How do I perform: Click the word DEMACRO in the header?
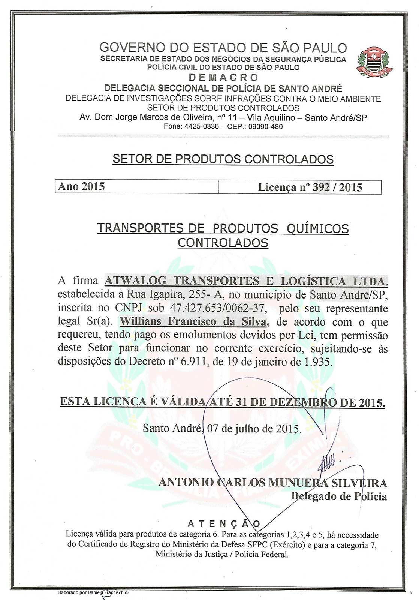pos(223,78)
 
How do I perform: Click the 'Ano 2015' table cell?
pos(81,187)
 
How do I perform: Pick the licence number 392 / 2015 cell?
pos(310,187)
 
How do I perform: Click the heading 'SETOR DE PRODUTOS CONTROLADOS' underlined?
pos(223,159)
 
